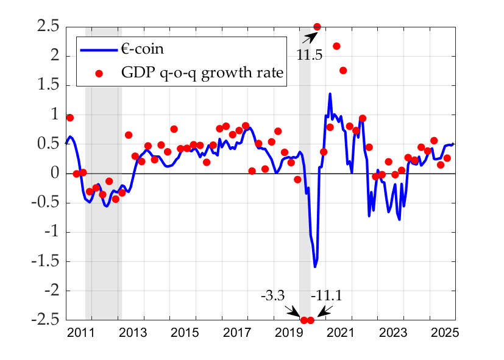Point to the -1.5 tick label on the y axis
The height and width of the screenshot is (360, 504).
click(44, 262)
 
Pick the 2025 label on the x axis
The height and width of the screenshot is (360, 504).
click(444, 333)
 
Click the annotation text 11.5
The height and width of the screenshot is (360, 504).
click(310, 55)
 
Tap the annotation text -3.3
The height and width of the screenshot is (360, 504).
click(272, 296)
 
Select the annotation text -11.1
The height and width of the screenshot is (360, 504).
click(327, 296)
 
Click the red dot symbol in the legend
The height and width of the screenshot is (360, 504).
click(99, 73)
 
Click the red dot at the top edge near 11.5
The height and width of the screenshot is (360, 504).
click(317, 27)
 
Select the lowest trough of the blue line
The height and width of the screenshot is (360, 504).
click(315, 267)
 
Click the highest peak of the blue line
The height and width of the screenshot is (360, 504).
click(330, 94)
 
